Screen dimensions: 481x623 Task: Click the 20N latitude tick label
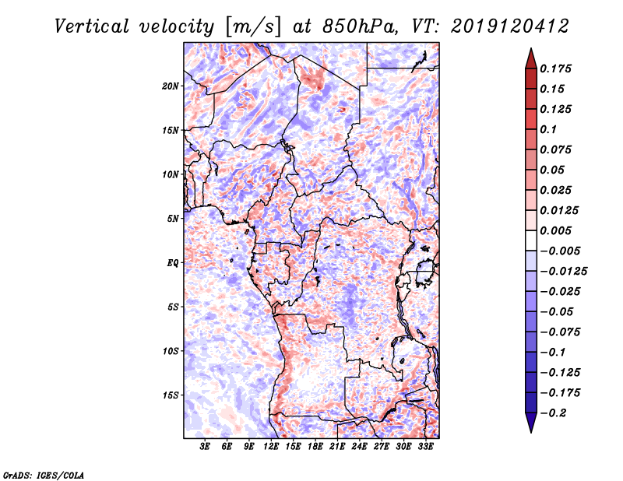pyautogui.click(x=171, y=86)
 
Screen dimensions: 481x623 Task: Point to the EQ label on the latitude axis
pyautogui.click(x=173, y=263)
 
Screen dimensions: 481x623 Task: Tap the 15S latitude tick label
pyautogui.click(x=171, y=395)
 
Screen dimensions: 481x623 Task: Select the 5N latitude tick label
pyautogui.click(x=173, y=219)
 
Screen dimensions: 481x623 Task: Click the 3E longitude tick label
pyautogui.click(x=206, y=448)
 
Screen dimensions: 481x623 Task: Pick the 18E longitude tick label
pyautogui.click(x=315, y=448)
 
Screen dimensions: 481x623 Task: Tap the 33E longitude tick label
pyautogui.click(x=425, y=448)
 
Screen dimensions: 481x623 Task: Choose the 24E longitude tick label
pyautogui.click(x=359, y=448)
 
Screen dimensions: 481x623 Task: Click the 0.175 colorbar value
pyautogui.click(x=558, y=69)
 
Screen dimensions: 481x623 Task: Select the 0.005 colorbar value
pyautogui.click(x=558, y=231)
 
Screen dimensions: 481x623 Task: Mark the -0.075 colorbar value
pyautogui.click(x=561, y=332)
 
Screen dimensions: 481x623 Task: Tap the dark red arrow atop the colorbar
pyautogui.click(x=530, y=56)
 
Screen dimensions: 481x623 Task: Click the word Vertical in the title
pyautogui.click(x=93, y=26)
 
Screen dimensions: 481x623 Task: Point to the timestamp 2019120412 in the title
pyautogui.click(x=498, y=26)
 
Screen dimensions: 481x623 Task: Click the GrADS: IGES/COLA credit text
pyautogui.click(x=43, y=474)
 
